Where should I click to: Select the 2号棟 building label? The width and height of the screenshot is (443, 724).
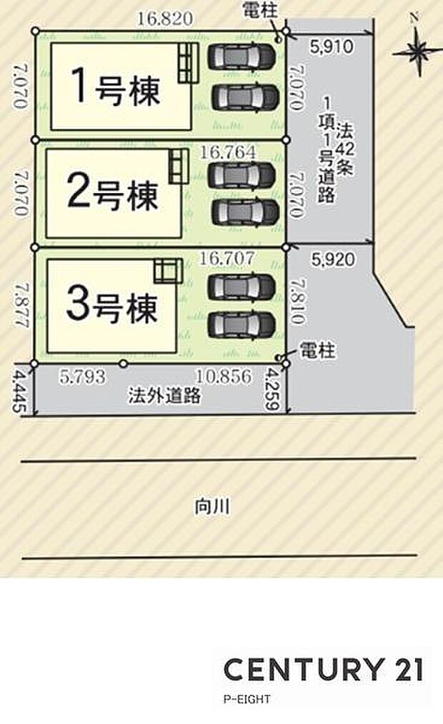[x=112, y=192]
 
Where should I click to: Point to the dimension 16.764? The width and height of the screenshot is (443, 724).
[x=228, y=152]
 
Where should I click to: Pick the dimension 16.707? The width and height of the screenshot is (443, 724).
[x=228, y=258]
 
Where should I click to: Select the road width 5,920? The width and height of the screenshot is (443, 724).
[x=333, y=260]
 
